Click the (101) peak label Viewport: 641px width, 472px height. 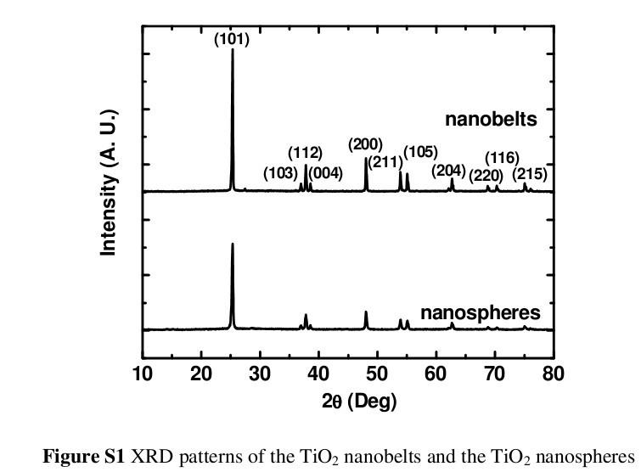point(232,39)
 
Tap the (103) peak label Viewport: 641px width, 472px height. point(280,174)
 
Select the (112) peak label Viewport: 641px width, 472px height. point(305,153)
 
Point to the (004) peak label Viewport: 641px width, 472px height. point(325,174)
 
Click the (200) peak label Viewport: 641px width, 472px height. point(365,143)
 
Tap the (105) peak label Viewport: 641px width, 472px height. point(420,152)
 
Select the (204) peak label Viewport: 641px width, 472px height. point(448,171)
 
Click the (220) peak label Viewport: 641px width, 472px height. point(486,176)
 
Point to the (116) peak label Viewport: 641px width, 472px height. point(502,158)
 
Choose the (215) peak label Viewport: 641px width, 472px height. point(530,175)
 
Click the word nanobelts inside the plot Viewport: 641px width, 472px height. point(491,119)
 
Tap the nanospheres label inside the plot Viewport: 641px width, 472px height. point(480,313)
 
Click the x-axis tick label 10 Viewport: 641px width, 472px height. point(143,374)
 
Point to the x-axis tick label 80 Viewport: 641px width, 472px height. point(553,374)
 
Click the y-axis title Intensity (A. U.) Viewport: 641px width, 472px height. point(109,183)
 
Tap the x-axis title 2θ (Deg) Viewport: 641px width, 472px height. point(359,401)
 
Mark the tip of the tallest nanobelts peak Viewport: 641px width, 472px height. point(232,50)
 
